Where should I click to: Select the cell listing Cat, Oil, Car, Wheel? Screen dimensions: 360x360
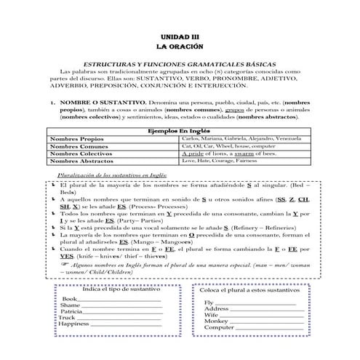(x=228, y=146)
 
